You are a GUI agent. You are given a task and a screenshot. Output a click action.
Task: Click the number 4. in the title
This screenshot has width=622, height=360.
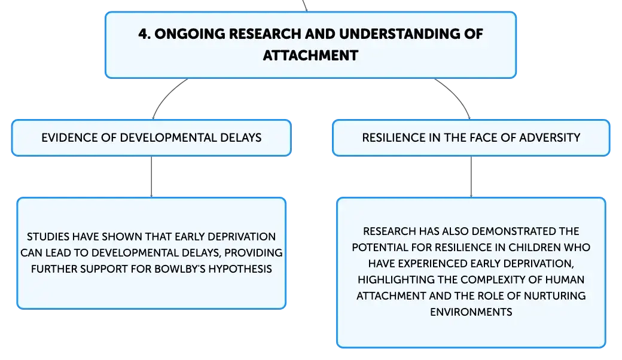(144, 34)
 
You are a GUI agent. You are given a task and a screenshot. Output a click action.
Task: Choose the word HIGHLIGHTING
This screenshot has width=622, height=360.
(396, 280)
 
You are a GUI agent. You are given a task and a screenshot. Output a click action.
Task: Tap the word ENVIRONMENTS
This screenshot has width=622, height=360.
(471, 312)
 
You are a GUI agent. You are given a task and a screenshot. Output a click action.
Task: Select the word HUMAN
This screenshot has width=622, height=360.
(565, 280)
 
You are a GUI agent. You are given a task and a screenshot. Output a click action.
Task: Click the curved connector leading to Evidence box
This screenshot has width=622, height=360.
(166, 96)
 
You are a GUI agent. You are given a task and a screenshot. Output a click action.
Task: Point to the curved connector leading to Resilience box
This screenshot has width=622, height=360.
(456, 95)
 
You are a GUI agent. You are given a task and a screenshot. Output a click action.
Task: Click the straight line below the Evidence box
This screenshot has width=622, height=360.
(151, 176)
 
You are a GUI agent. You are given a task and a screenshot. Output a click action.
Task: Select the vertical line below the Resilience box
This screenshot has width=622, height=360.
(471, 176)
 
